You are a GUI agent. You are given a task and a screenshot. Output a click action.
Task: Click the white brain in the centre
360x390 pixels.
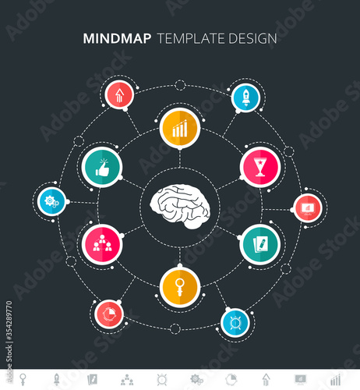180,207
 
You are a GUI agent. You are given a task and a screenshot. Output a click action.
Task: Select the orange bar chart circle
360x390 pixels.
180,129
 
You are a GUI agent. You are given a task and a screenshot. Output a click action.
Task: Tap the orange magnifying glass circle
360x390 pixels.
180,287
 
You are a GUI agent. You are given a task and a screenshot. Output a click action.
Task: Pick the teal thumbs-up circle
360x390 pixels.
102,167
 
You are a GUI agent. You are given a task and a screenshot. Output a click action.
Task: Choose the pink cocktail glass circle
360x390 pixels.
260,167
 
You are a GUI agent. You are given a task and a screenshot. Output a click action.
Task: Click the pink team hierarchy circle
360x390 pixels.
102,244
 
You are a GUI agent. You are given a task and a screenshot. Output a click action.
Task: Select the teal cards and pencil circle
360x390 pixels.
260,244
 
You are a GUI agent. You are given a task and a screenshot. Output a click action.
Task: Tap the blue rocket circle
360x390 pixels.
245,98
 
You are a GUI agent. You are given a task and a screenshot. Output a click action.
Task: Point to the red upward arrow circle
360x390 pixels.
119,95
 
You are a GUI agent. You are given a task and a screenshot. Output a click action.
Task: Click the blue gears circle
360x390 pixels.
52,201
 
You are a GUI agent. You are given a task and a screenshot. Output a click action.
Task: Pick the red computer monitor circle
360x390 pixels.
308,208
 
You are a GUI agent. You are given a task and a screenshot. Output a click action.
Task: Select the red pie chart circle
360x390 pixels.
109,314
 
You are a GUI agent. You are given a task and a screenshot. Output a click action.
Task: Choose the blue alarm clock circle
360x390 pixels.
235,323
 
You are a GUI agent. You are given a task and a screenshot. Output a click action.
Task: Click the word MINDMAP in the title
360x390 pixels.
117,38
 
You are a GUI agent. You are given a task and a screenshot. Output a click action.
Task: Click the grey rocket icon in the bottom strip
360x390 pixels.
56,379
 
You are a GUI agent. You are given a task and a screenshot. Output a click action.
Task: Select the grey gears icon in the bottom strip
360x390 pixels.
196,380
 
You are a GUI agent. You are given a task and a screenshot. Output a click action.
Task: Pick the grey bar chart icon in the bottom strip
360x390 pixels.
335,380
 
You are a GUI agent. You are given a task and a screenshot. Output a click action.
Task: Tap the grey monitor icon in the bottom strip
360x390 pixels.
301,380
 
